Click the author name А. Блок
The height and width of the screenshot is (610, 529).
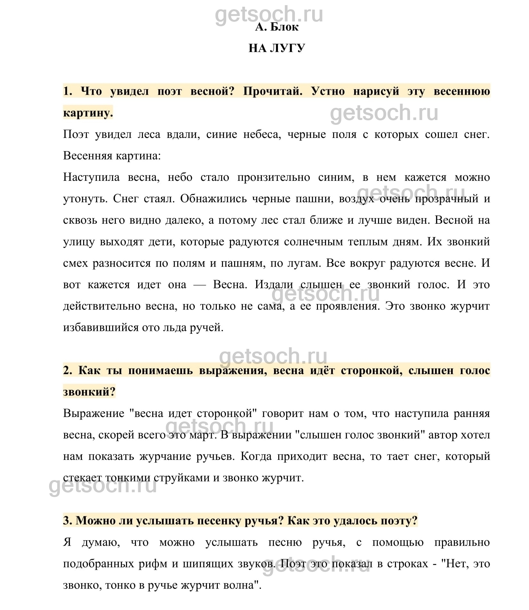coord(277,27)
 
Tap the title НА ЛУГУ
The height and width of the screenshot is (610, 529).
coord(277,48)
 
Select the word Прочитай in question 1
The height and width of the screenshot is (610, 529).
coord(273,92)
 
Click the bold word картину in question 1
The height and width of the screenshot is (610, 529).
coord(88,113)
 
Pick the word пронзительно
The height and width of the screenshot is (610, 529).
coord(273,177)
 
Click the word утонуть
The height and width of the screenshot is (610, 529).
coord(84,199)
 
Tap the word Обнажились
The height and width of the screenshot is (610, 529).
coord(213,199)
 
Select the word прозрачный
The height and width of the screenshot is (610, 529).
coord(446,199)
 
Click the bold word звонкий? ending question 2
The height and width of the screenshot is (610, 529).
coord(89,392)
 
